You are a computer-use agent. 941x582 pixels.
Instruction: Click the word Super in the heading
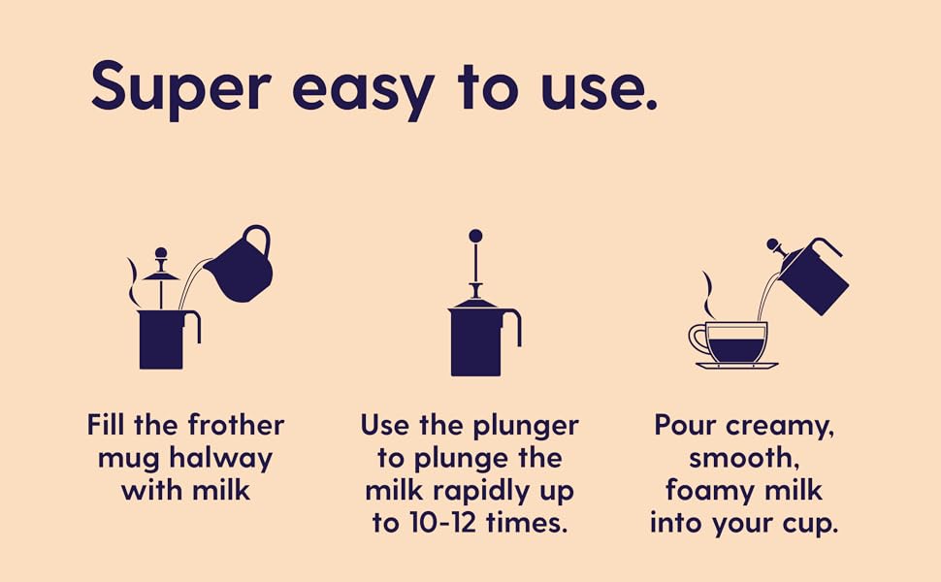pos(179,87)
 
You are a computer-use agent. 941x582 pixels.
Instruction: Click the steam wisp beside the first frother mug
pos(132,281)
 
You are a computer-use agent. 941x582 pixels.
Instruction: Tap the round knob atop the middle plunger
pos(475,236)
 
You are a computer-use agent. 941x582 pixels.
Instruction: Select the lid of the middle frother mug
pos(475,304)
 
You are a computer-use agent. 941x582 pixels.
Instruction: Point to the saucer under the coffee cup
pos(736,366)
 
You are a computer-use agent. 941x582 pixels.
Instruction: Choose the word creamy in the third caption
pos(781,425)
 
